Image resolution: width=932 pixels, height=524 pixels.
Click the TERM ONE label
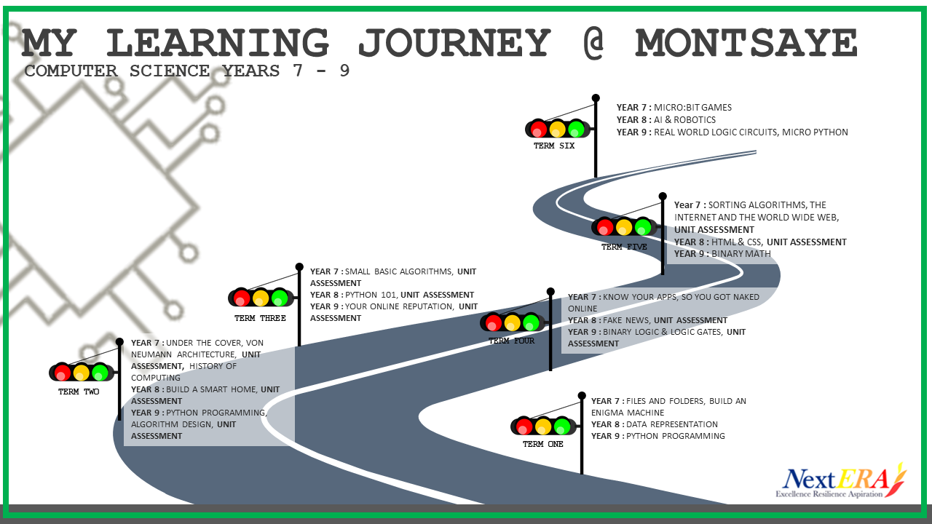pyautogui.click(x=543, y=444)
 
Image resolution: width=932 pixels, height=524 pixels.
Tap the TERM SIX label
pyautogui.click(x=554, y=146)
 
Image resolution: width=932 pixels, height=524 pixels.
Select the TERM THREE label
pyautogui.click(x=260, y=318)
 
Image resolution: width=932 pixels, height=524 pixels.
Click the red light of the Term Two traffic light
pyautogui.click(x=62, y=373)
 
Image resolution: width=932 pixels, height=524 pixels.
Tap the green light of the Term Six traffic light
pyautogui.click(x=576, y=129)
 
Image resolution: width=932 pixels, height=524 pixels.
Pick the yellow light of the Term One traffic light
pyautogui.click(x=543, y=426)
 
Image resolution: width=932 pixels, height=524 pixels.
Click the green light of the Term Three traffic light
pyautogui.click(x=280, y=298)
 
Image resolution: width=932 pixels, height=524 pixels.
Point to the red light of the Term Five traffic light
pyautogui.click(x=604, y=227)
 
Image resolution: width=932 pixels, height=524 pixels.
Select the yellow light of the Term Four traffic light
pyautogui.click(x=512, y=322)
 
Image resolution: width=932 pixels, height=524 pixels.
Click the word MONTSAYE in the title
pyautogui.click(x=746, y=44)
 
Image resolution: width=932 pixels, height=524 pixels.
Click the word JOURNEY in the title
pyautogui.click(x=454, y=44)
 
